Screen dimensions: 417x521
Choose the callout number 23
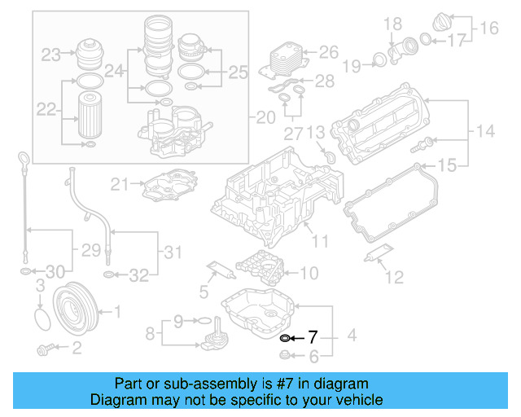pos(51,55)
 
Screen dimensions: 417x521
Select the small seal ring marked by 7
pos(284,337)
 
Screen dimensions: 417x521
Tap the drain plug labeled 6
pos(284,354)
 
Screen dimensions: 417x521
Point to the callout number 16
pos(488,29)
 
